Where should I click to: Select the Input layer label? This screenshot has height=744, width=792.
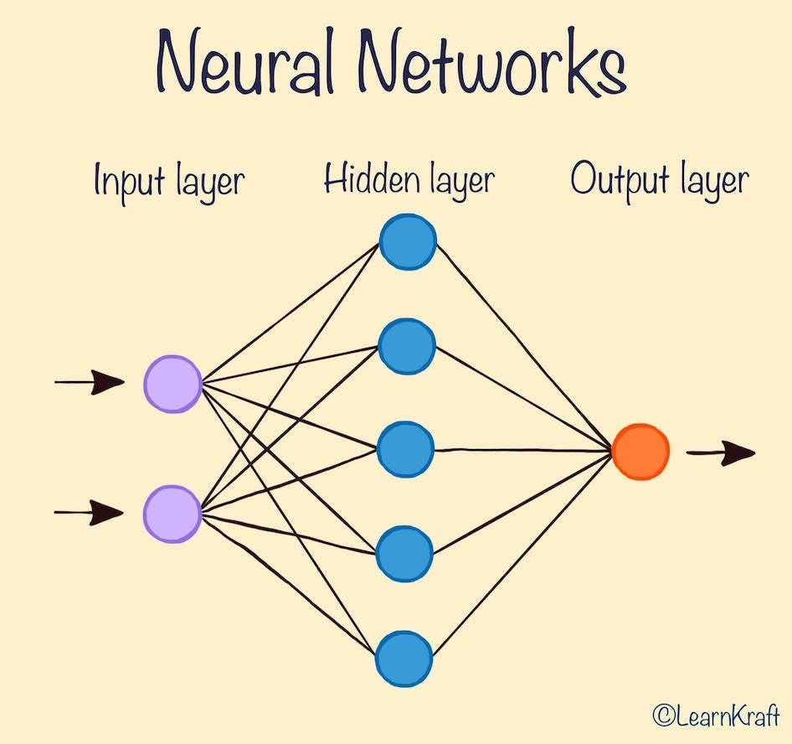(169, 182)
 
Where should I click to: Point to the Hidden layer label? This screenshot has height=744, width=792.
(409, 180)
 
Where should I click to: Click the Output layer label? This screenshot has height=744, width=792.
(659, 181)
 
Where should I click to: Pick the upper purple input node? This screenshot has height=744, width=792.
(173, 384)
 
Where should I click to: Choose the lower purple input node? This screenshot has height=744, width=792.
(172, 513)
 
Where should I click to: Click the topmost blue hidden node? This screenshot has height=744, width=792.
(408, 242)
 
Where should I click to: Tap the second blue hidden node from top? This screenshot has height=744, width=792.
(407, 345)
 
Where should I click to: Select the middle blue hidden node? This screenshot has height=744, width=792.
(406, 450)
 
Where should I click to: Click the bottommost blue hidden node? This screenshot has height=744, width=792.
(404, 657)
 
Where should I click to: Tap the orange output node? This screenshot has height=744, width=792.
(640, 452)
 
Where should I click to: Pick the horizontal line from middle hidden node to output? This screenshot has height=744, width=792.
(523, 451)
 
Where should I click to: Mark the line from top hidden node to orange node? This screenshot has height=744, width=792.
(523, 347)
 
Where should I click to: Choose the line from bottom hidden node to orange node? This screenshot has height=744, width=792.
(523, 554)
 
